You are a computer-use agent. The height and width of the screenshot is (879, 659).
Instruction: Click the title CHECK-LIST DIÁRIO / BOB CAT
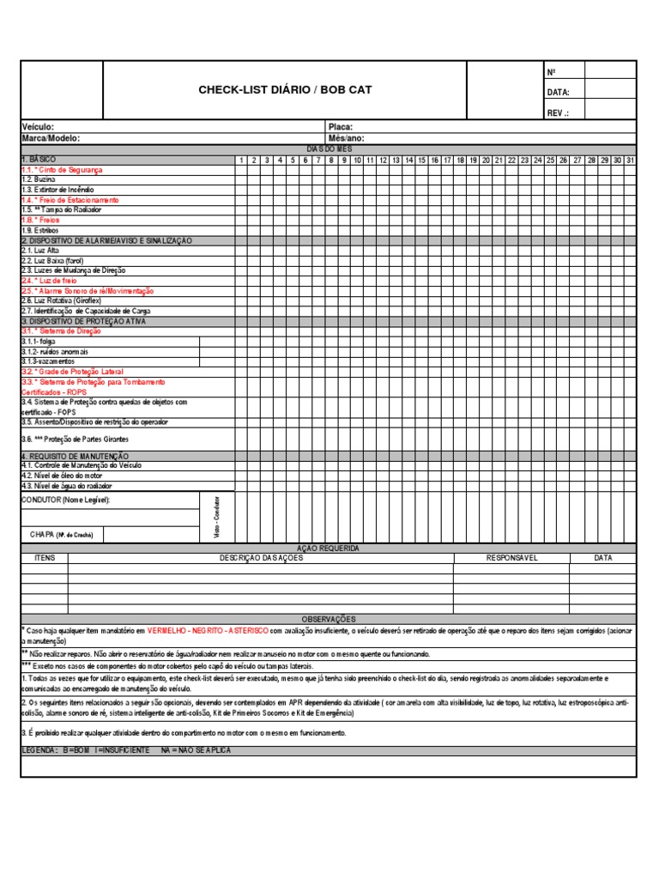pos(285,90)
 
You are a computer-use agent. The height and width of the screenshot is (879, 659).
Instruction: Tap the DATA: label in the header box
pos(558,92)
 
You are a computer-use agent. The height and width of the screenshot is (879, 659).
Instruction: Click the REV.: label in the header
pos(558,112)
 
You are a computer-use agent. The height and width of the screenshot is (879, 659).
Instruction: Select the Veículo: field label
pos(38,127)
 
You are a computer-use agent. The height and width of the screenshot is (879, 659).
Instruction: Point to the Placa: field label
pos(341,127)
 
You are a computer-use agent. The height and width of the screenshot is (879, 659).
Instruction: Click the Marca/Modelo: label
pos(51,137)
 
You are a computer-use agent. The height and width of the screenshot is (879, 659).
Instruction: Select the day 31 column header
pos(630,160)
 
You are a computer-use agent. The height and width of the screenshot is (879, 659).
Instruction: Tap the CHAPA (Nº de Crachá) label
pos(62,534)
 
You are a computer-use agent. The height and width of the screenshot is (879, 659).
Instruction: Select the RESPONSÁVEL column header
pos(511,558)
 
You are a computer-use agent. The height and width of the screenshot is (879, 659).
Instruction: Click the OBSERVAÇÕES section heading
pos(329,619)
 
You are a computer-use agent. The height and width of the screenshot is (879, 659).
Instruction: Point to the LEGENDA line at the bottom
pos(126,750)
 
